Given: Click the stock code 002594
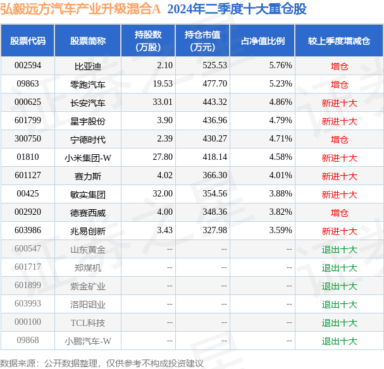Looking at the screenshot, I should [x=27, y=65].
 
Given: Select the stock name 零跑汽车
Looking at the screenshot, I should [x=88, y=84].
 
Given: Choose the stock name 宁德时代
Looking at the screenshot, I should [x=88, y=139].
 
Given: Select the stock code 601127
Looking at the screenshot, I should [x=27, y=176].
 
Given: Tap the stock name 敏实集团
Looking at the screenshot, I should [x=88, y=194].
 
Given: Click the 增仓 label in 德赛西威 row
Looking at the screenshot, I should [x=339, y=213].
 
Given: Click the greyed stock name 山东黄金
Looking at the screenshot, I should [x=88, y=250].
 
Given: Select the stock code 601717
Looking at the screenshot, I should [x=27, y=268].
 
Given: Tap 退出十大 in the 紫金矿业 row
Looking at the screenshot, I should [x=339, y=286].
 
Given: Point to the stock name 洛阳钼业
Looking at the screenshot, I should [x=88, y=305].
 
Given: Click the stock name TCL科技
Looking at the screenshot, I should [x=88, y=323].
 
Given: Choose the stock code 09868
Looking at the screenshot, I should [x=27, y=341].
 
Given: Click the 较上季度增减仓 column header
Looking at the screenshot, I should [x=339, y=41].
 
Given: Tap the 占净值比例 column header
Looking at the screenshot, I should [x=263, y=41].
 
